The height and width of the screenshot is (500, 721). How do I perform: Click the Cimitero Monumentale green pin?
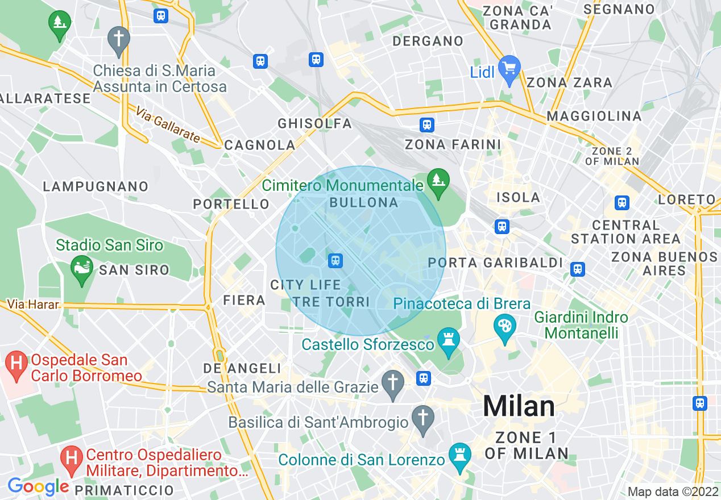pos(438,181)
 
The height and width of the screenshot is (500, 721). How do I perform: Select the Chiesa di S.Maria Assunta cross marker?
pos(119,40)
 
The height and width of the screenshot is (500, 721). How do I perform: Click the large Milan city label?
pos(519,406)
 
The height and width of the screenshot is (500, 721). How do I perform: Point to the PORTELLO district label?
pos(231,204)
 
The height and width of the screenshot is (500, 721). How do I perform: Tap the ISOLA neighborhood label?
pos(518,197)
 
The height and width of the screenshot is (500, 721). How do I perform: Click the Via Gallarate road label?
pos(168,125)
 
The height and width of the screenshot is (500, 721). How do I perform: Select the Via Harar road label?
pos(34,305)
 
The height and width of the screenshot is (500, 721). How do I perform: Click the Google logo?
pos(38,486)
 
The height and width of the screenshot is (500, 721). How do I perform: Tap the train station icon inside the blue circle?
pos(335,261)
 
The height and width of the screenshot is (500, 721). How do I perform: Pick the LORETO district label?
pos(686,199)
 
